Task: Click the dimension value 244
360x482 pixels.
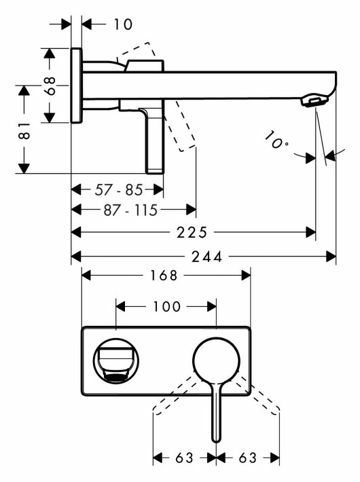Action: click(206, 257)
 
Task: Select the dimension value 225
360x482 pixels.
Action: click(192, 232)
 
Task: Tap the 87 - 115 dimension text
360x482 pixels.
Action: click(130, 210)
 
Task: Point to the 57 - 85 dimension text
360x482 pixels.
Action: click(119, 189)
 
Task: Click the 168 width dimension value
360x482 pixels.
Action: click(164, 276)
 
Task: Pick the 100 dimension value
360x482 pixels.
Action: click(166, 306)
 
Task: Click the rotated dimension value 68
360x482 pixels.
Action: click(50, 86)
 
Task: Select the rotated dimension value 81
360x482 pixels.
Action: click(24, 130)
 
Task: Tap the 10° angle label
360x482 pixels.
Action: click(276, 141)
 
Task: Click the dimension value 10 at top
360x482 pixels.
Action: click(123, 24)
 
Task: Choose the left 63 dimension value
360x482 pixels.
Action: click(184, 458)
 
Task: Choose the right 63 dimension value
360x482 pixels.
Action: click(247, 458)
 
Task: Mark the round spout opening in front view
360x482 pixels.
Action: click(116, 360)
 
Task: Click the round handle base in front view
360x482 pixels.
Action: click(216, 360)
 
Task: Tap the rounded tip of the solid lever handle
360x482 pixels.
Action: click(216, 440)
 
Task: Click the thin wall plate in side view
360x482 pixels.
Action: click(76, 86)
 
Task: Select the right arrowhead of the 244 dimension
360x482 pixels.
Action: click(331, 257)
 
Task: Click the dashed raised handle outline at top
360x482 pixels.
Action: click(140, 52)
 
